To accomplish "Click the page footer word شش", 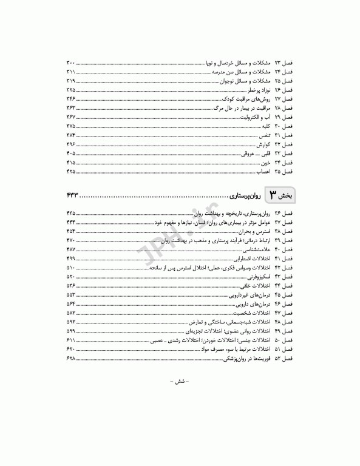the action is (180, 382).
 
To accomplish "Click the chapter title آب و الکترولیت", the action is (250, 116).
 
